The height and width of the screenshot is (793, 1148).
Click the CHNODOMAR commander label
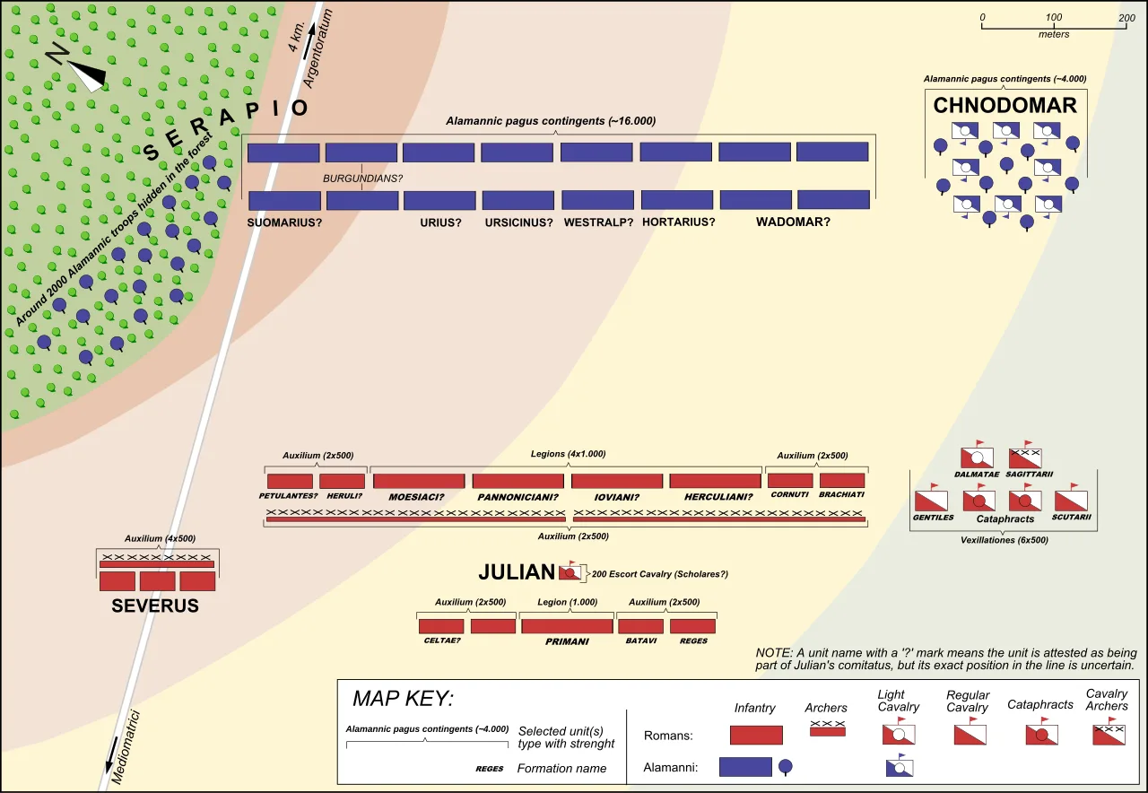click(1004, 105)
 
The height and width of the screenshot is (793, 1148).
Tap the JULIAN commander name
click(517, 572)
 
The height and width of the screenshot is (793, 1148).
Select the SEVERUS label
click(155, 606)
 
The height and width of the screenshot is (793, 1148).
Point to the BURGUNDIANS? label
click(363, 179)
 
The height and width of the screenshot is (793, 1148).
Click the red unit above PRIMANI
click(567, 626)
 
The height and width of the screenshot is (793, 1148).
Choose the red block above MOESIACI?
click(419, 481)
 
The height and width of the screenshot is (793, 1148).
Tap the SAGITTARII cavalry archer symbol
click(1025, 457)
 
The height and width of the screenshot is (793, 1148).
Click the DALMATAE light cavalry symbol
click(977, 457)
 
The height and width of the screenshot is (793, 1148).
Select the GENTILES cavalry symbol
click(931, 500)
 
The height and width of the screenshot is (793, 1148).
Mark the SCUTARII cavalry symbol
click(1071, 500)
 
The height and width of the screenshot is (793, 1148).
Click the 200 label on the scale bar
click(1126, 18)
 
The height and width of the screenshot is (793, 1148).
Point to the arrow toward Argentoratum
click(309, 41)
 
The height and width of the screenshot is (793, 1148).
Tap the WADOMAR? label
click(793, 222)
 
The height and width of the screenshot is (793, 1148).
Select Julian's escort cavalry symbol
click(570, 572)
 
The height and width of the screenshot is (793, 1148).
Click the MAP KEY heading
click(404, 698)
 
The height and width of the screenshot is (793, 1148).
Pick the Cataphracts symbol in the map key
click(1041, 733)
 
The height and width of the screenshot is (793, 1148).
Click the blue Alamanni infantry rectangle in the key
click(745, 767)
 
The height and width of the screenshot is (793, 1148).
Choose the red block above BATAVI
click(640, 626)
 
